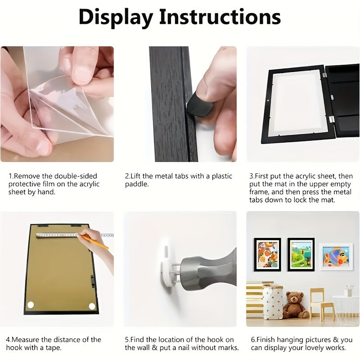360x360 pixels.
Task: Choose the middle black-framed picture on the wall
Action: point(301,254)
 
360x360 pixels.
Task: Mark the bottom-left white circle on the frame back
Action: point(31,306)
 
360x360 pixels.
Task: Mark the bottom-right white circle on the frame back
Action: point(92,306)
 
